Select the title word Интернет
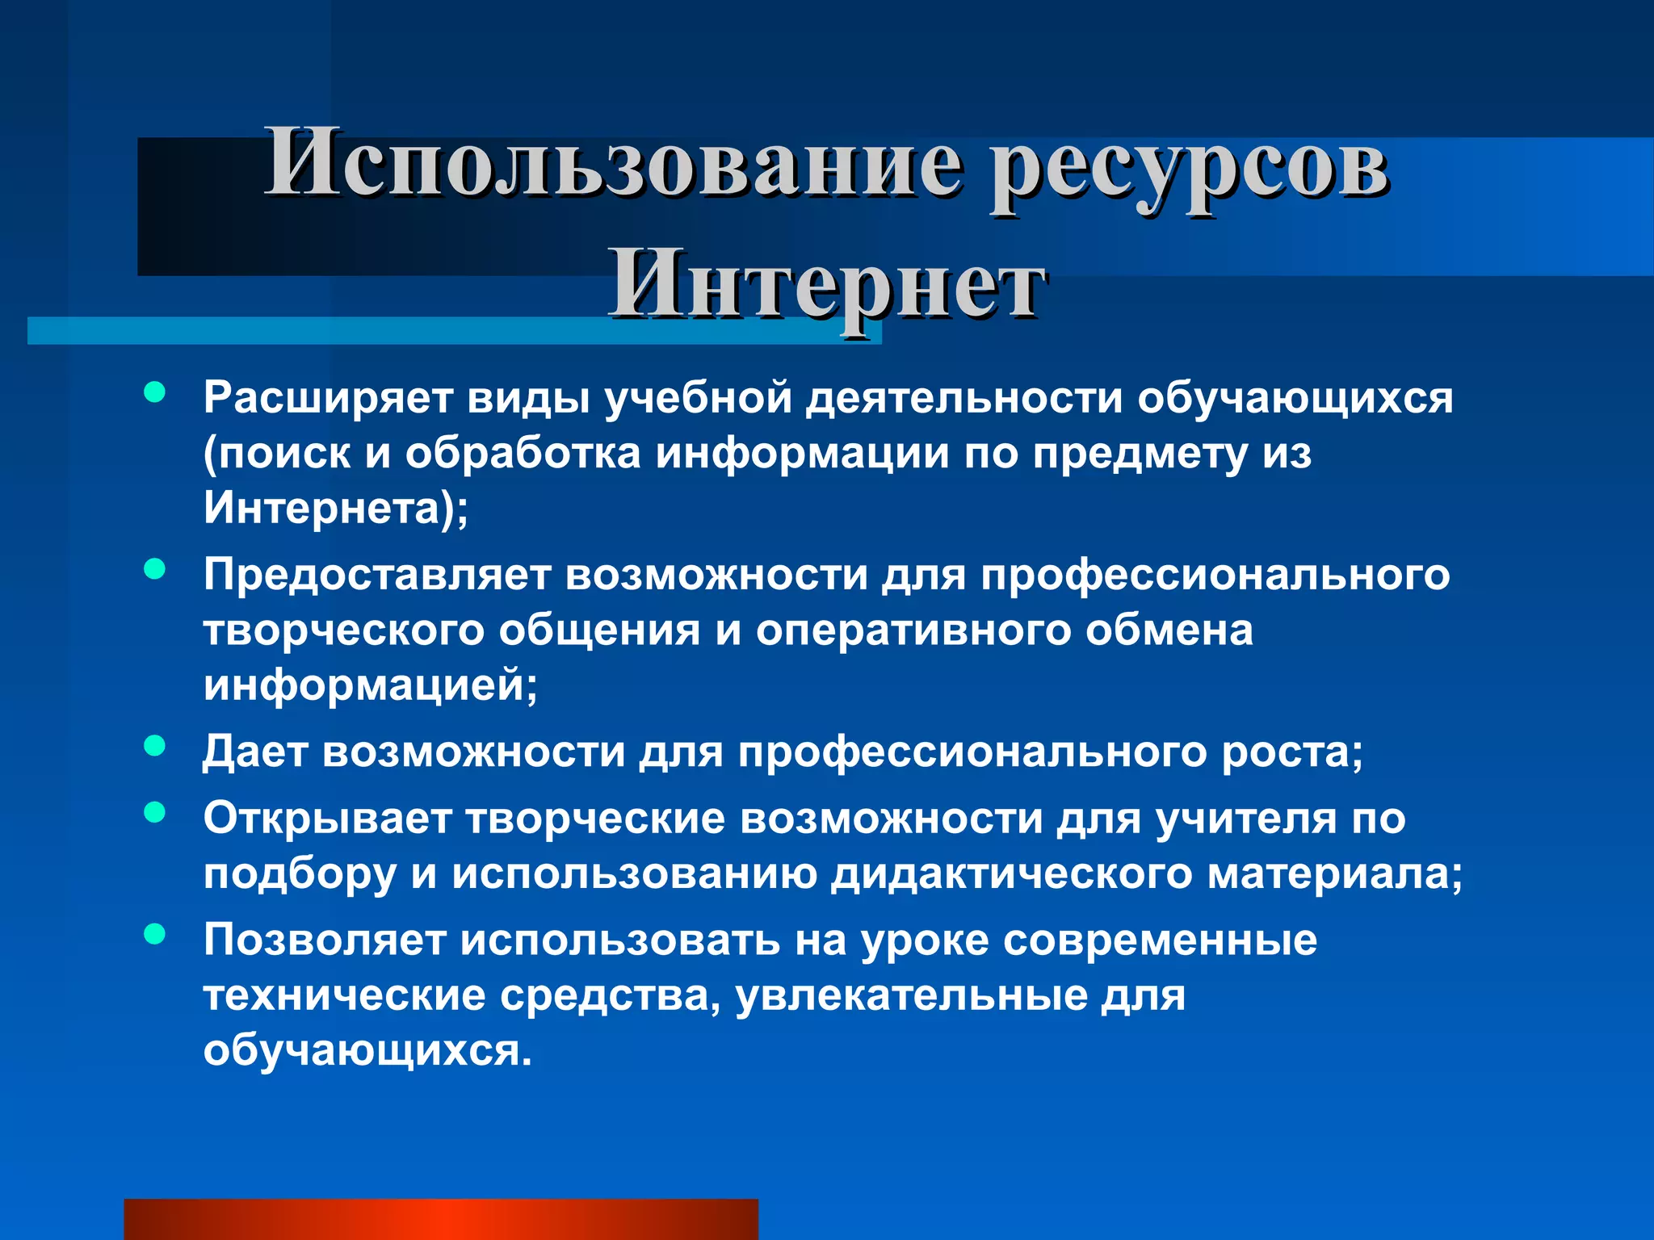tap(827, 286)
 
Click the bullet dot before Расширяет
tap(154, 393)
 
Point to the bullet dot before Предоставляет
tap(154, 570)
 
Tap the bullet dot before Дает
tap(154, 746)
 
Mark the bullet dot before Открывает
tap(154, 812)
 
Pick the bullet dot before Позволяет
tap(154, 934)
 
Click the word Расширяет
tap(326, 398)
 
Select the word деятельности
tap(964, 398)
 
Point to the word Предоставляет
tap(376, 576)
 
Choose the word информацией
tap(370, 685)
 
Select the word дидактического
tap(1012, 874)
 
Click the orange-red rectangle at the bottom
tap(441, 1219)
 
